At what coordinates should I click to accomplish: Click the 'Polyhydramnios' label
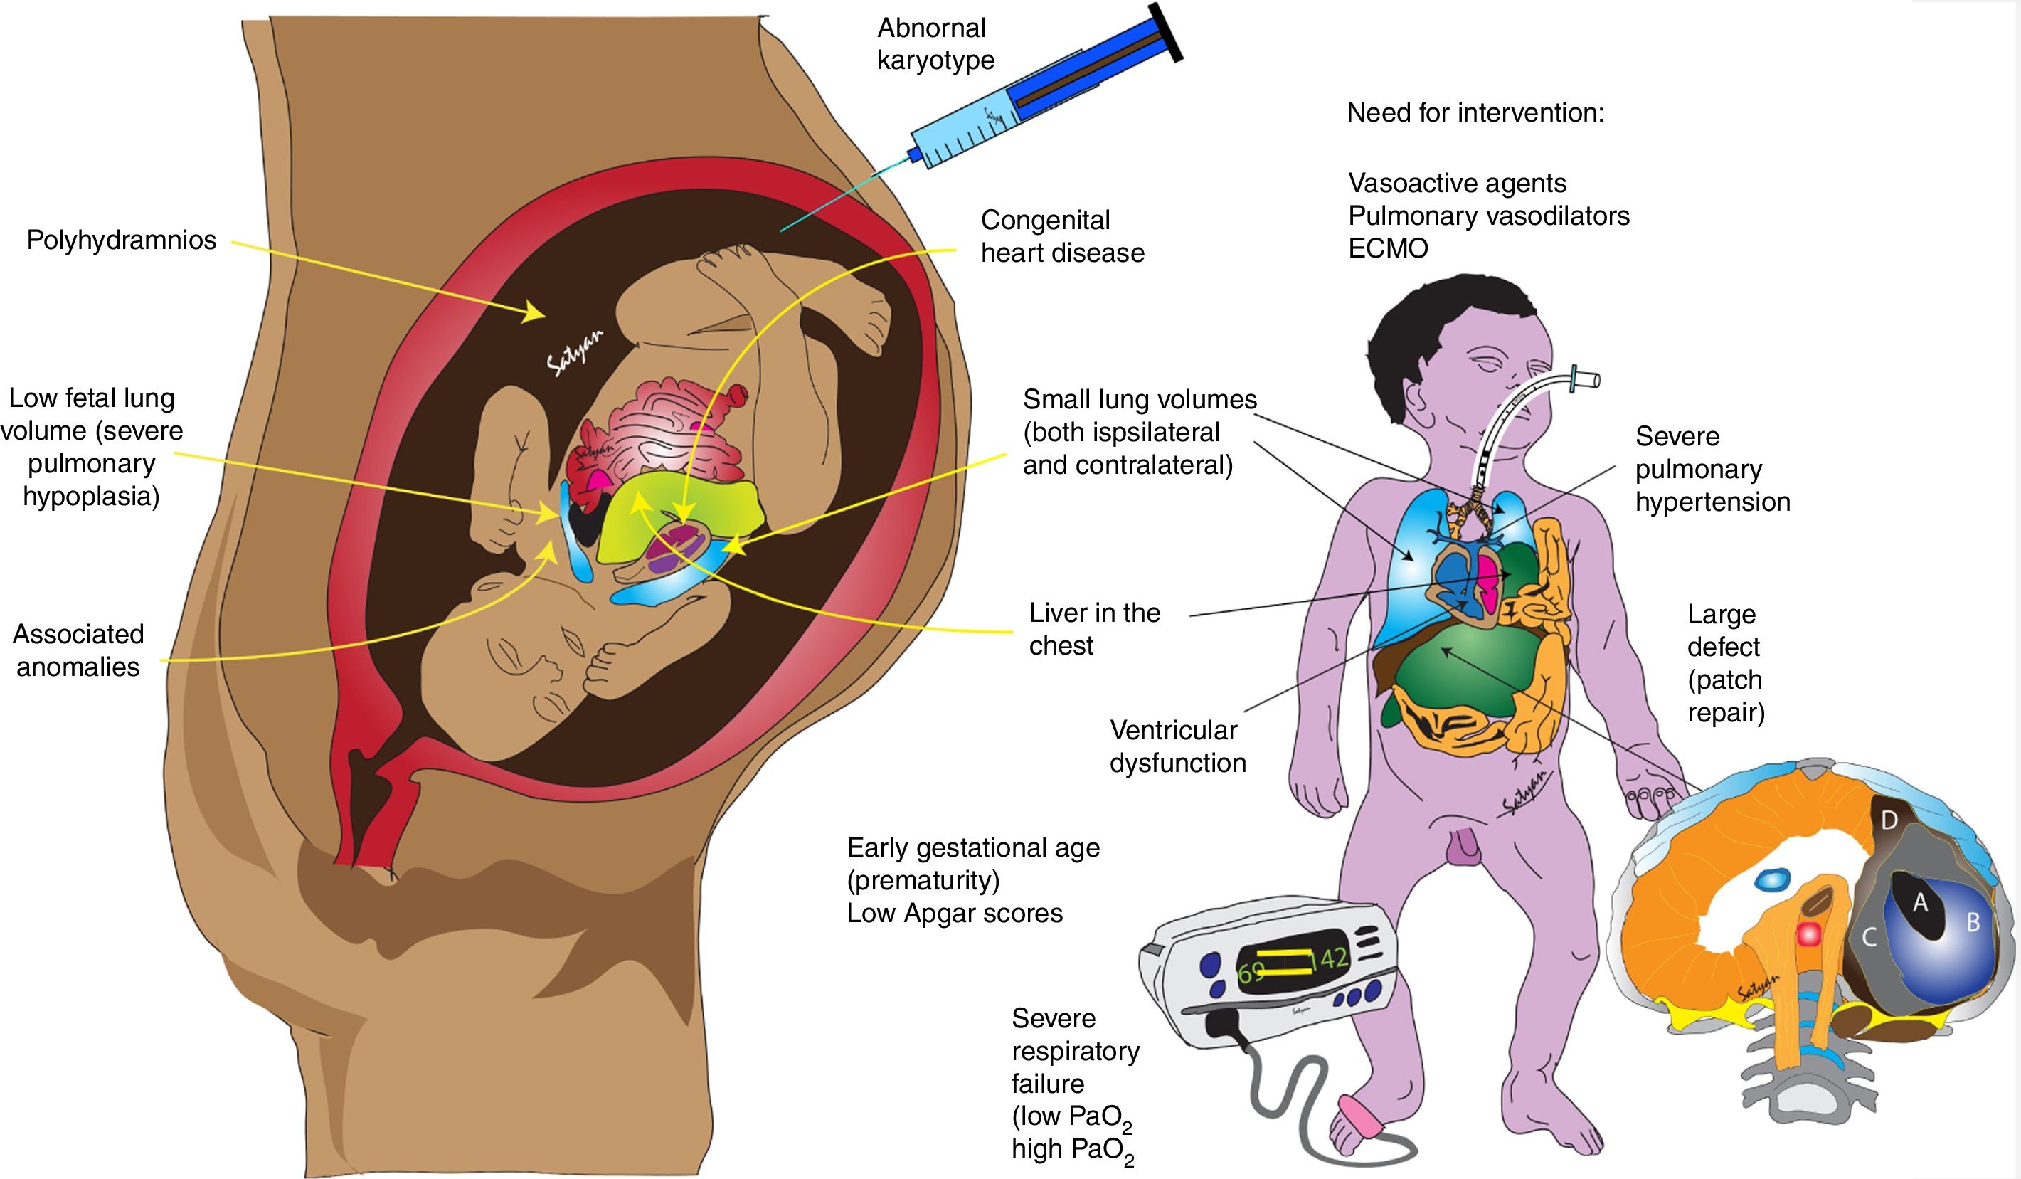pos(121,240)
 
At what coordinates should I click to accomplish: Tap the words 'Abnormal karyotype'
pos(935,44)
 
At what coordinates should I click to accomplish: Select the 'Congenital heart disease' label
pos(1062,237)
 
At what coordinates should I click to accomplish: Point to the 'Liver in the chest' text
pos(1094,629)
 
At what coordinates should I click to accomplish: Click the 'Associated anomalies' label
pos(78,650)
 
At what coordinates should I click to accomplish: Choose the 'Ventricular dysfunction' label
pos(1177,746)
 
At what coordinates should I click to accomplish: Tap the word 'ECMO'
pos(1387,248)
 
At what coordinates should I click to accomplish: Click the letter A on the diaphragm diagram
pos(1920,903)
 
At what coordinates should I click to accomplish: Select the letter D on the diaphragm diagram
pos(1889,820)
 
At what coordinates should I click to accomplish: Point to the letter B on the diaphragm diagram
pos(1973,922)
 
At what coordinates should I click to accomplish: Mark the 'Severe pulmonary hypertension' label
pos(1712,469)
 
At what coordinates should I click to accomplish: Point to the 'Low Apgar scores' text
pos(955,914)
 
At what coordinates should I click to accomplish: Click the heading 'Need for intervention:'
pos(1475,113)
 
